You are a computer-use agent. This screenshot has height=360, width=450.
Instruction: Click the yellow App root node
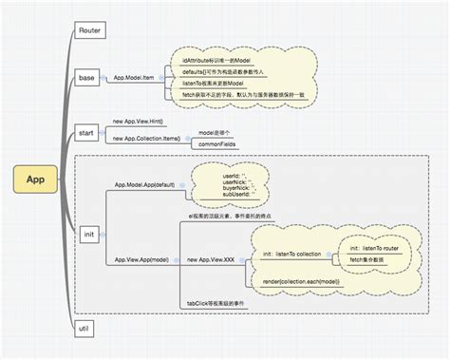point(35,178)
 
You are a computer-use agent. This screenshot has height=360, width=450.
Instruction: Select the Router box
point(92,30)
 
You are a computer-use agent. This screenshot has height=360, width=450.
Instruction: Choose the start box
point(88,129)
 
